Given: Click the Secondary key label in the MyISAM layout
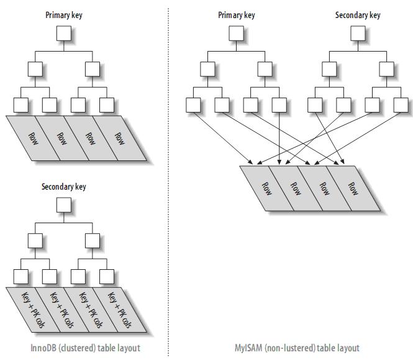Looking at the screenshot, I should coord(357,16).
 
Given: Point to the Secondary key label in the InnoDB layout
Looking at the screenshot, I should coord(63,187).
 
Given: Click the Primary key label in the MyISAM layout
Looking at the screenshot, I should coord(236,16).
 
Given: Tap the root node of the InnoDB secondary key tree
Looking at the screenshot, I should coord(63,205).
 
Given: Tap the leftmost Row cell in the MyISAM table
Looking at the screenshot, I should coord(265,189).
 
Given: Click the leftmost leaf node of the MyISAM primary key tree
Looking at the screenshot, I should coord(193,105).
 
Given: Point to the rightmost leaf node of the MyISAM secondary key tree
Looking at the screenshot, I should coord(401,105).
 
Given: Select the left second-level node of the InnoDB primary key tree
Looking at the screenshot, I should coord(35,69).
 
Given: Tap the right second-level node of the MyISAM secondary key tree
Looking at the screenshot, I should coord(386,69).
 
